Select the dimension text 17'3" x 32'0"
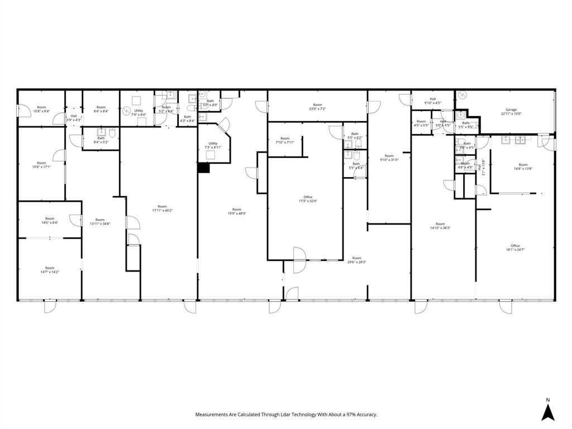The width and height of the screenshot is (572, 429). (308, 201)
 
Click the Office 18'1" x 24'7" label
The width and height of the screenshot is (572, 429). (514, 247)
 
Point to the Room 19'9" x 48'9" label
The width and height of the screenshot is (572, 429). (237, 211)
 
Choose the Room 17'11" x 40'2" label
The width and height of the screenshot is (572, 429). (162, 208)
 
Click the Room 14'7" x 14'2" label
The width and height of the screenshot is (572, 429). (50, 270)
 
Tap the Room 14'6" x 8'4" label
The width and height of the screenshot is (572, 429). (50, 221)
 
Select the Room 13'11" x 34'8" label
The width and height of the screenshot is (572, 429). (100, 222)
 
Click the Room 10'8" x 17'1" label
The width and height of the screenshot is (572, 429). (42, 165)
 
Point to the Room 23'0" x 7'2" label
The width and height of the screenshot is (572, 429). (317, 107)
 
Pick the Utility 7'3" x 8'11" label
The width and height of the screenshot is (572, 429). (213, 145)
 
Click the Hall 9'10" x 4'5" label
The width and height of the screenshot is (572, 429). (432, 101)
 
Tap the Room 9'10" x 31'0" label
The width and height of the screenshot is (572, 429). (389, 158)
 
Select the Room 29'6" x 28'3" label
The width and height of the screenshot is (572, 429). (356, 260)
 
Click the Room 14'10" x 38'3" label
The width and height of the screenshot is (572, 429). (440, 226)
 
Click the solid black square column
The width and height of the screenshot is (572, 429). (204, 168)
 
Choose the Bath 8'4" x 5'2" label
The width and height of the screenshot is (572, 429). (101, 140)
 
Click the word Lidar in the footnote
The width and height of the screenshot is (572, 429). (279, 414)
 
